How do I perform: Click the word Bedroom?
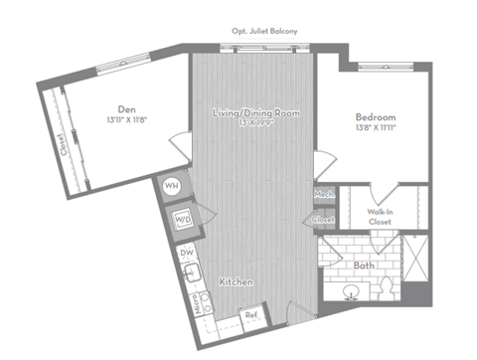tap(376, 115)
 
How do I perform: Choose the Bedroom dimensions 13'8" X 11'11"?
tap(376, 127)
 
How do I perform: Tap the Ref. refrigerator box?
tap(250, 318)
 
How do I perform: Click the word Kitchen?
tap(238, 283)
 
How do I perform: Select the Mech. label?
tap(323, 195)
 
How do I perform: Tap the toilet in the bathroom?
tap(385, 288)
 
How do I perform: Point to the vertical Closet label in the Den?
tap(62, 147)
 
